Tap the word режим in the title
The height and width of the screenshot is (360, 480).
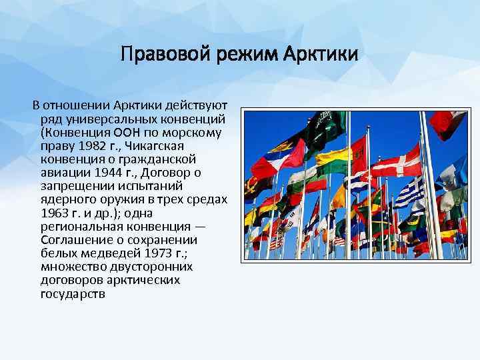[239, 52]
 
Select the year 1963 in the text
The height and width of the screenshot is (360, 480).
[54, 213]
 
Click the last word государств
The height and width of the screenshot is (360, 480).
[72, 293]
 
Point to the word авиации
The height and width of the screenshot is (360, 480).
[61, 173]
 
